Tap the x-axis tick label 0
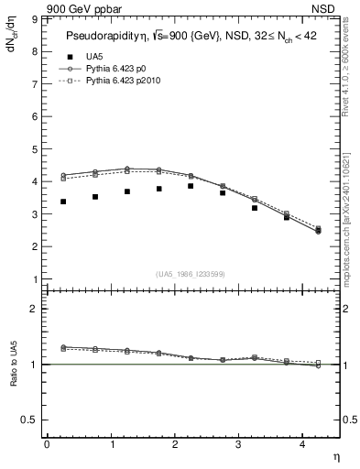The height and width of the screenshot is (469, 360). point(47,443)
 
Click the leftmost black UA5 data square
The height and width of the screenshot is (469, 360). point(62,202)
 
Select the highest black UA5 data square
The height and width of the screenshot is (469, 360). point(191,186)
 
